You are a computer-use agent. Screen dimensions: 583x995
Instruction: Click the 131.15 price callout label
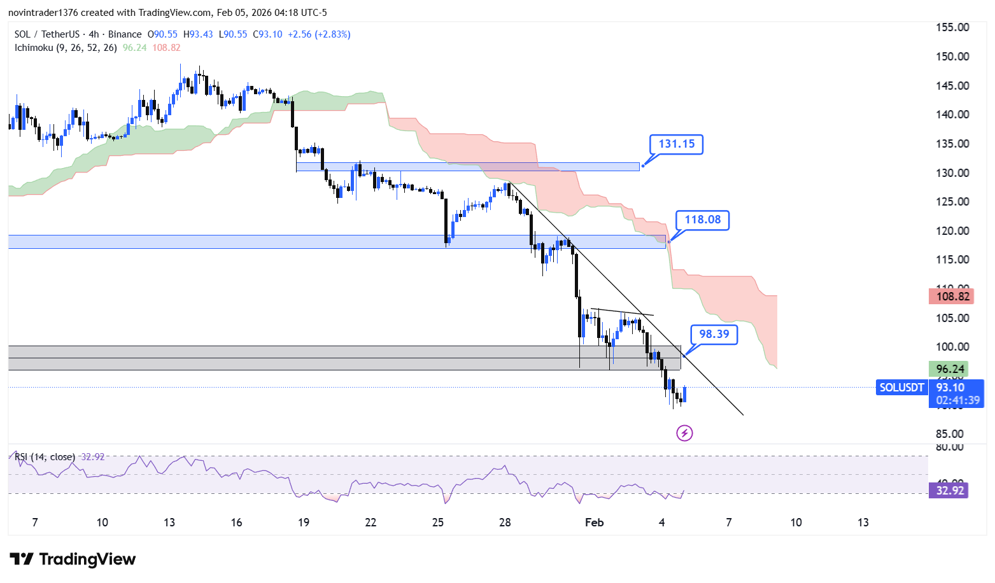pyautogui.click(x=676, y=144)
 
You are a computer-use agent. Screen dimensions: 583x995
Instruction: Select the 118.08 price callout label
pyautogui.click(x=702, y=220)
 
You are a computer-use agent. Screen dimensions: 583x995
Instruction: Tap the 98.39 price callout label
pyautogui.click(x=714, y=335)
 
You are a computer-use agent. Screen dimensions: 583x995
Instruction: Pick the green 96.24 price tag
pyautogui.click(x=950, y=369)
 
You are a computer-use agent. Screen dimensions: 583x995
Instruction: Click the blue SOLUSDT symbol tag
pyautogui.click(x=901, y=388)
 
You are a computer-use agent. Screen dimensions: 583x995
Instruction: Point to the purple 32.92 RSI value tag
pyautogui.click(x=950, y=491)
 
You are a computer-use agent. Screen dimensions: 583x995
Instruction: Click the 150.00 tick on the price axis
pyautogui.click(x=952, y=57)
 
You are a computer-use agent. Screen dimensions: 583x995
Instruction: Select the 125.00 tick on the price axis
pyautogui.click(x=952, y=202)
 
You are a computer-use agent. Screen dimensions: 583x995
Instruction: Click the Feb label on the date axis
pyautogui.click(x=594, y=523)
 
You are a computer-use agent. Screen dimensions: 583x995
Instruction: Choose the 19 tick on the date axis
pyautogui.click(x=304, y=523)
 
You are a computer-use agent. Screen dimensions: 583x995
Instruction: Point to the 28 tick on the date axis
pyautogui.click(x=505, y=523)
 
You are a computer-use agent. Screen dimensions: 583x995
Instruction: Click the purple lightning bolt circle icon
pyautogui.click(x=684, y=433)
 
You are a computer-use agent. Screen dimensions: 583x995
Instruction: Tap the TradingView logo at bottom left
pyautogui.click(x=73, y=559)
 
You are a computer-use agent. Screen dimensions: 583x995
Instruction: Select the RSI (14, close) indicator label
pyautogui.click(x=45, y=457)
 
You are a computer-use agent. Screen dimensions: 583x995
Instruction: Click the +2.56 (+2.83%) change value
pyautogui.click(x=319, y=34)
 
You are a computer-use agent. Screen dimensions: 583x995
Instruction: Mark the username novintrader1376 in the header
pyautogui.click(x=43, y=13)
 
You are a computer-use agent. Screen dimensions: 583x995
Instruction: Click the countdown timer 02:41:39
pyautogui.click(x=957, y=400)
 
